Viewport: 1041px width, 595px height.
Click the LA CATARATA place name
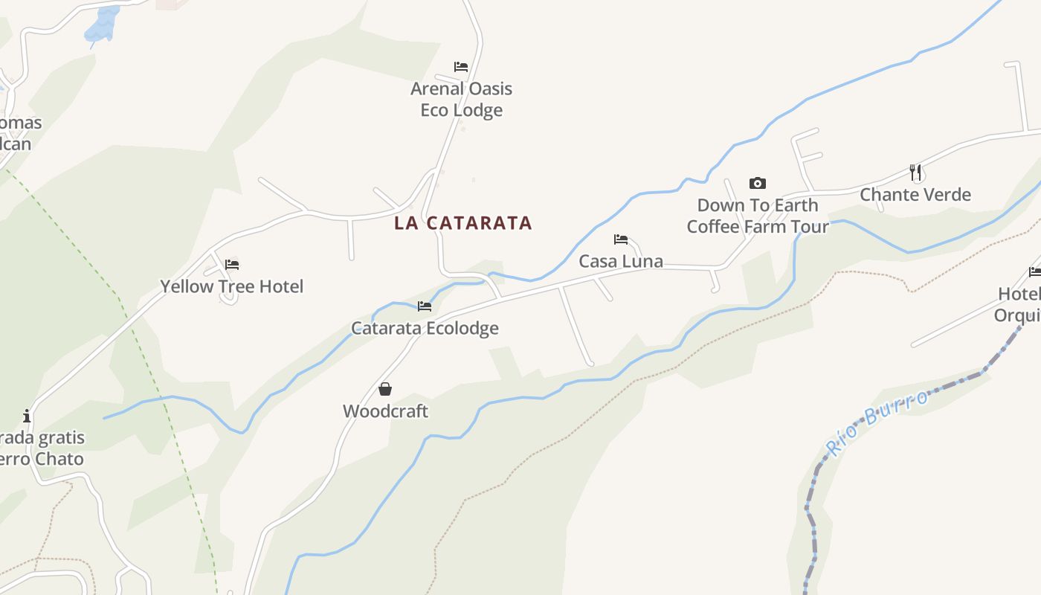463,223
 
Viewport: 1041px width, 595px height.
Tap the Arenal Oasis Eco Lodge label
461,99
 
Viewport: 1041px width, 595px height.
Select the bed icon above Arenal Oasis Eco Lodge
461,67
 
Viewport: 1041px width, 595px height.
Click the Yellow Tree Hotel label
232,286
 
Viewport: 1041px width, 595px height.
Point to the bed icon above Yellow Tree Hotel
232,264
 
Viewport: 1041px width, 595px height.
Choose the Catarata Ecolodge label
425,328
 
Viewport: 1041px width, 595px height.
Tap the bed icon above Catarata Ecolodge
425,306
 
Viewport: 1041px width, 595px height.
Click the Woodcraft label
385,411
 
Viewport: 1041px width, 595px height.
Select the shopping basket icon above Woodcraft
385,389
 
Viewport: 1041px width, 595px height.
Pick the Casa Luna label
621,262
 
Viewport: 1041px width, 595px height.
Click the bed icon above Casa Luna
621,239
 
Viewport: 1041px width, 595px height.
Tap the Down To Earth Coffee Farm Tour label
757,216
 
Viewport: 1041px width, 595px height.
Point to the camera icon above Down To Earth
757,183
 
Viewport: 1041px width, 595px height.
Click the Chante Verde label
915,195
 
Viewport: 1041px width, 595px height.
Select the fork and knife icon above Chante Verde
915,173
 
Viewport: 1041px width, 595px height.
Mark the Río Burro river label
877,422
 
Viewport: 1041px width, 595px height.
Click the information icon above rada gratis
27,416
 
